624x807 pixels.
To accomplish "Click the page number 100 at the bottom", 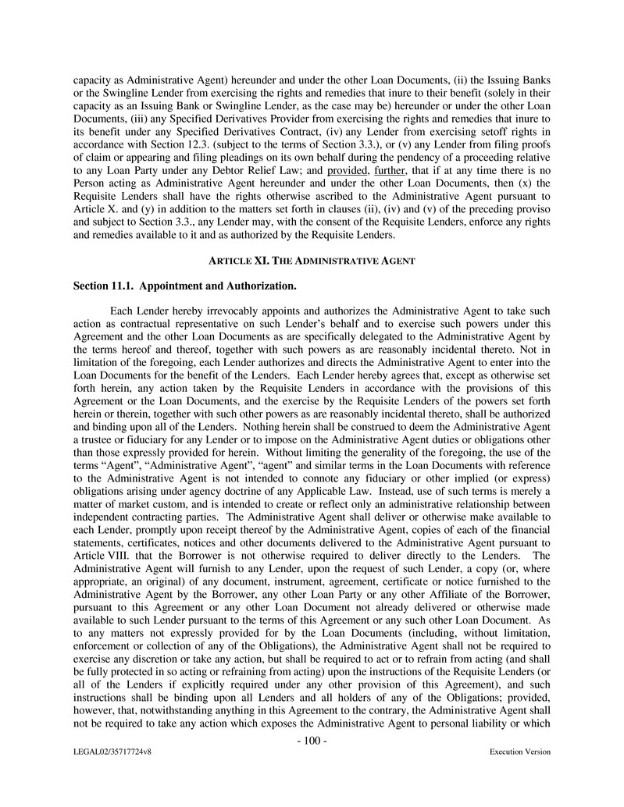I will [x=312, y=741].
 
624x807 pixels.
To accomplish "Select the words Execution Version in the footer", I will [x=519, y=752].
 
